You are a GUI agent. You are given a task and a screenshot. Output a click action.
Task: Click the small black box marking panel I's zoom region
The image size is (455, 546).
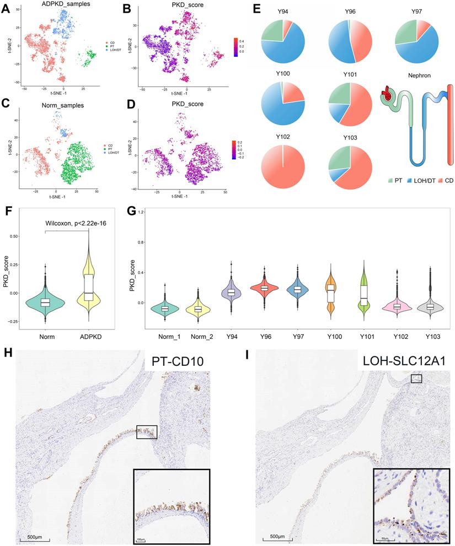(x=416, y=379)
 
